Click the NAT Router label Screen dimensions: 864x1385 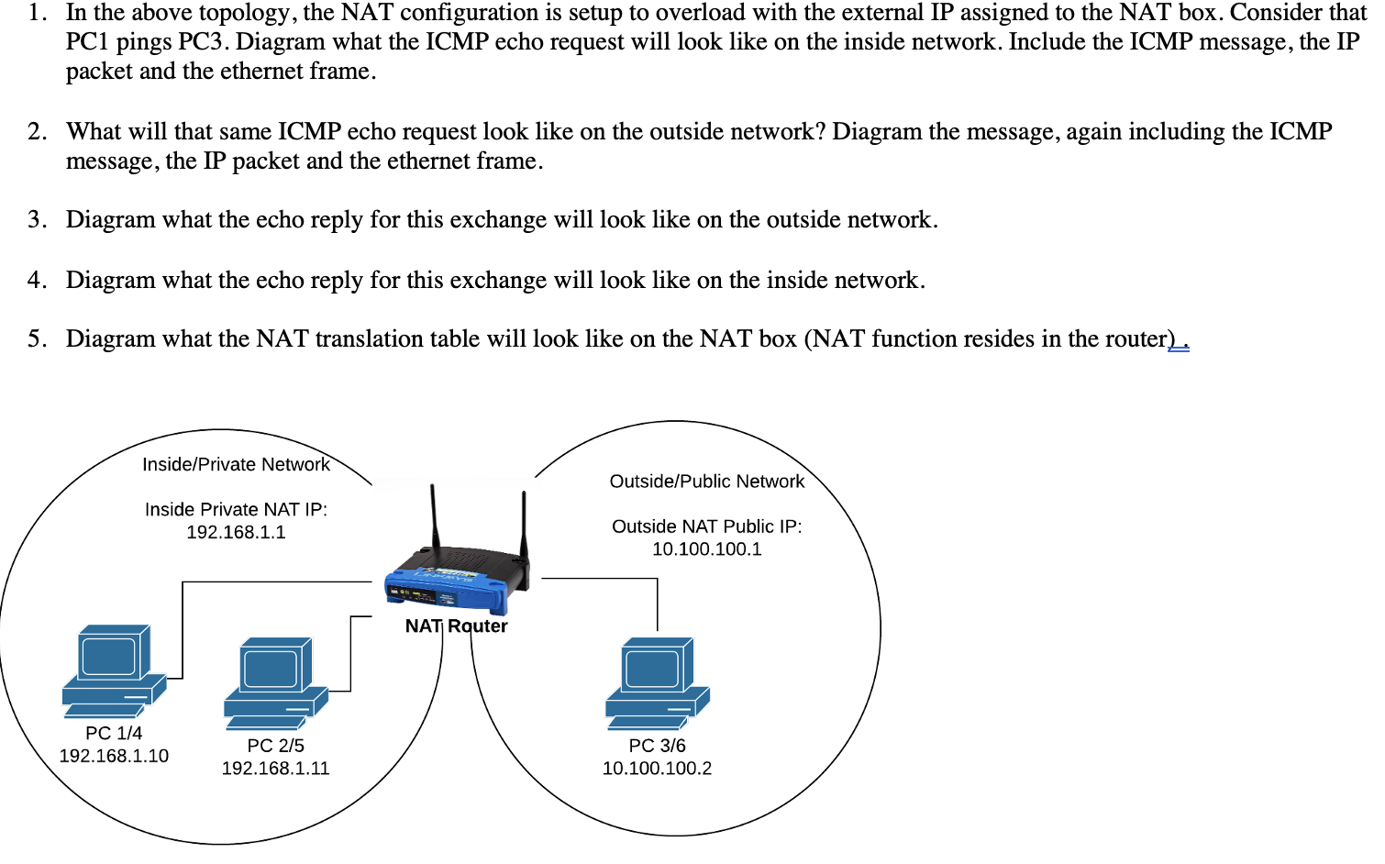click(456, 626)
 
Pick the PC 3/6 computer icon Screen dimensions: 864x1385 click(657, 683)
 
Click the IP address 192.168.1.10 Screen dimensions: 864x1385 click(114, 756)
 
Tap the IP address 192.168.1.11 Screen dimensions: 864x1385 click(275, 769)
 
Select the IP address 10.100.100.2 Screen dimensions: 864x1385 click(657, 769)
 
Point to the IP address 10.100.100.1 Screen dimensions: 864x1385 click(706, 549)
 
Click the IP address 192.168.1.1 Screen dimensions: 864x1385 click(236, 533)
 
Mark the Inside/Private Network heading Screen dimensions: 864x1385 click(236, 465)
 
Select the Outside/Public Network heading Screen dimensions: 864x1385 click(706, 482)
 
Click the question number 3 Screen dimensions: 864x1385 click(36, 220)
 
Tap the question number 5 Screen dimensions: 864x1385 click(36, 339)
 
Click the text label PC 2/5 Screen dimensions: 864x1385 click(275, 746)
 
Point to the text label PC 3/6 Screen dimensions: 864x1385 click(657, 746)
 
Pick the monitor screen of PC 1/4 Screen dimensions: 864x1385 click(108, 656)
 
